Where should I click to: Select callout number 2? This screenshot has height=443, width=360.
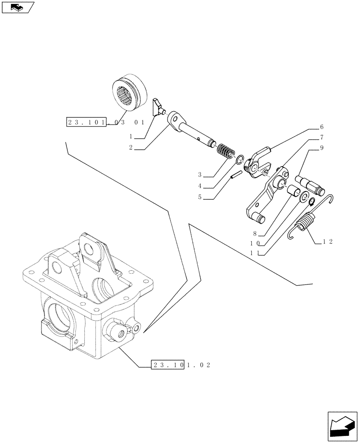132,148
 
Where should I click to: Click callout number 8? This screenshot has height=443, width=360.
256,233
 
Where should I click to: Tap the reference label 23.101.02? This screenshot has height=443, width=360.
180,365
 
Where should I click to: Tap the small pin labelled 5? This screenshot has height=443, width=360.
235,175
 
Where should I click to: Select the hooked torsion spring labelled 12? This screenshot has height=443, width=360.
306,221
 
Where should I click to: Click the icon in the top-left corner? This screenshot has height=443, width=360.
18,7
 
